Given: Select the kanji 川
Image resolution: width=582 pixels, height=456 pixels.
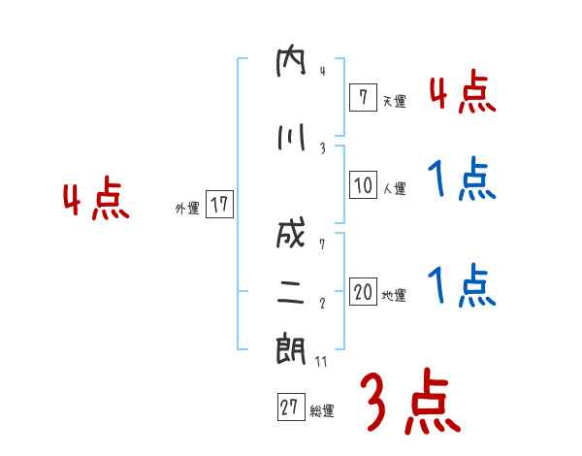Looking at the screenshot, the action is pyautogui.click(x=290, y=138).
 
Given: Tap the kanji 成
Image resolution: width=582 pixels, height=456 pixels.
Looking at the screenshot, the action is pyautogui.click(x=290, y=236).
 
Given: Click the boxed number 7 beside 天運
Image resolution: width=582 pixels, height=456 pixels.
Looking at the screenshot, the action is pyautogui.click(x=362, y=98).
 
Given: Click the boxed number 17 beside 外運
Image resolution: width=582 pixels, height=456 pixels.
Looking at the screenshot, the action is pyautogui.click(x=218, y=205).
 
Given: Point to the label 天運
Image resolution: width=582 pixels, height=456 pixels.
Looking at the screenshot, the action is pyautogui.click(x=394, y=101).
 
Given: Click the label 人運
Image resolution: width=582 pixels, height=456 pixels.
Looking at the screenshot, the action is pyautogui.click(x=394, y=187).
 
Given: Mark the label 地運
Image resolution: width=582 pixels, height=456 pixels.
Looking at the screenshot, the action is pyautogui.click(x=394, y=295).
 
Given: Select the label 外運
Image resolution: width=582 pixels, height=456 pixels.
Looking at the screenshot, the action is pyautogui.click(x=186, y=208).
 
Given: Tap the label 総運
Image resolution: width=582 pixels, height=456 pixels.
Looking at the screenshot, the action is pyautogui.click(x=322, y=410).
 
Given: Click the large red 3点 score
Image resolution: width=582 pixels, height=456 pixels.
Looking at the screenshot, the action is pyautogui.click(x=409, y=402).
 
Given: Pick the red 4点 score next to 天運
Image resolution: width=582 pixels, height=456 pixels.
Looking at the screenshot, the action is pyautogui.click(x=462, y=93).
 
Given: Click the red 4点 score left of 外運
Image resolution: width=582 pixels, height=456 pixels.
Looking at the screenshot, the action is pyautogui.click(x=96, y=201).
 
